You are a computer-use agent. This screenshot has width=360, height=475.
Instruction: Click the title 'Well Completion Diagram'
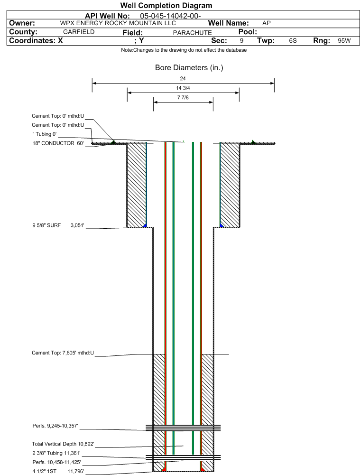click(166, 5)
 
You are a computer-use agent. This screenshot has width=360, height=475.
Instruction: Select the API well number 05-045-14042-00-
click(170, 16)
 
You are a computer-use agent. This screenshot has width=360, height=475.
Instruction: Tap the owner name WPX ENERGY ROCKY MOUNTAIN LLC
click(118, 23)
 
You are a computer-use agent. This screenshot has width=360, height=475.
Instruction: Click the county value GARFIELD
click(79, 32)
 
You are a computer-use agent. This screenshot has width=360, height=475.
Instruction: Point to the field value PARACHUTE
click(192, 33)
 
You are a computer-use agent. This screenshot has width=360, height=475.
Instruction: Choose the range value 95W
click(344, 41)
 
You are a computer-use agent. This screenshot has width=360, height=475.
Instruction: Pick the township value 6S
click(293, 41)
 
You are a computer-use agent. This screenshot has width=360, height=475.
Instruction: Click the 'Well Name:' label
click(228, 23)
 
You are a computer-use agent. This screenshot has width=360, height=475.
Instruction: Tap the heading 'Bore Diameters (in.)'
click(189, 67)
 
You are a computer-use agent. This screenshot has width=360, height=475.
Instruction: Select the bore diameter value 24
click(183, 78)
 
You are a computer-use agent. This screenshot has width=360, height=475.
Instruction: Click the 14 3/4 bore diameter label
click(183, 88)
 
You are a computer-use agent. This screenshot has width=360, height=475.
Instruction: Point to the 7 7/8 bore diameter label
click(183, 97)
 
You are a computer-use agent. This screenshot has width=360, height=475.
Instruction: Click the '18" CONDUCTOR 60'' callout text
click(58, 143)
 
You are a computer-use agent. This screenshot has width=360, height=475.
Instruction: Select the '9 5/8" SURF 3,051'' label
click(58, 225)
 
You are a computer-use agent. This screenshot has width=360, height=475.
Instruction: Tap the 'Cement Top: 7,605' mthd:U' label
click(63, 353)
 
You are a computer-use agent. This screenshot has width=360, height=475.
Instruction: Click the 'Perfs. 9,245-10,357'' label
click(55, 426)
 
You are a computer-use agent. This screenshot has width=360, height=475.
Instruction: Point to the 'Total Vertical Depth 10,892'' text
click(63, 444)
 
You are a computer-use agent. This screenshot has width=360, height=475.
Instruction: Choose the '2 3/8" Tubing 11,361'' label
click(56, 453)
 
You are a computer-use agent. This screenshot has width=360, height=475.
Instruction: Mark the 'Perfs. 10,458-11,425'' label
click(56, 462)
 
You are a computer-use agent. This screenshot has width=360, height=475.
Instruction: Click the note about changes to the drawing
click(184, 50)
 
